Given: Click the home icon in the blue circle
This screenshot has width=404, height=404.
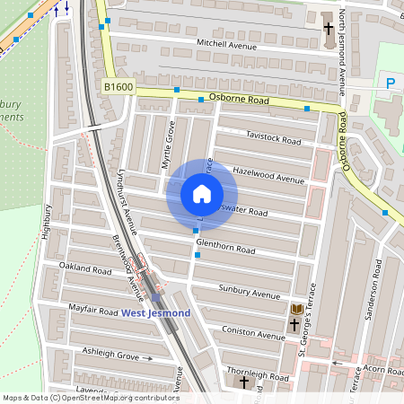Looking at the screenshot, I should click(x=202, y=193).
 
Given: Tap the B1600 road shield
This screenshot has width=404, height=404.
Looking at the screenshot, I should click(x=118, y=86).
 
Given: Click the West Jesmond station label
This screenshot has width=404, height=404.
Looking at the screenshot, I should click(x=155, y=312).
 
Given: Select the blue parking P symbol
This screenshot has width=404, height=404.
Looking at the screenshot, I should click(x=391, y=83).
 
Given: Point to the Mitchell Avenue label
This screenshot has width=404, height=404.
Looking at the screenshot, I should click(x=226, y=43).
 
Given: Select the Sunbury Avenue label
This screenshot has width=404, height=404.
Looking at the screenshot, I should click(x=250, y=293).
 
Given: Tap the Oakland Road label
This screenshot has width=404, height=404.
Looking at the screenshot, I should click(x=84, y=268).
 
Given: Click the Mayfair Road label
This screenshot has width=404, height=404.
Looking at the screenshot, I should click(x=93, y=311).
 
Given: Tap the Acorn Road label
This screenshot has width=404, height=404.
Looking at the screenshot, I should click(x=382, y=368).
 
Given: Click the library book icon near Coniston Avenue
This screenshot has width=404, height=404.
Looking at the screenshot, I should click(x=295, y=310).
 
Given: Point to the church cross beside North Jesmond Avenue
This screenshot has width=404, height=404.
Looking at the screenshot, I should click(x=329, y=29).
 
